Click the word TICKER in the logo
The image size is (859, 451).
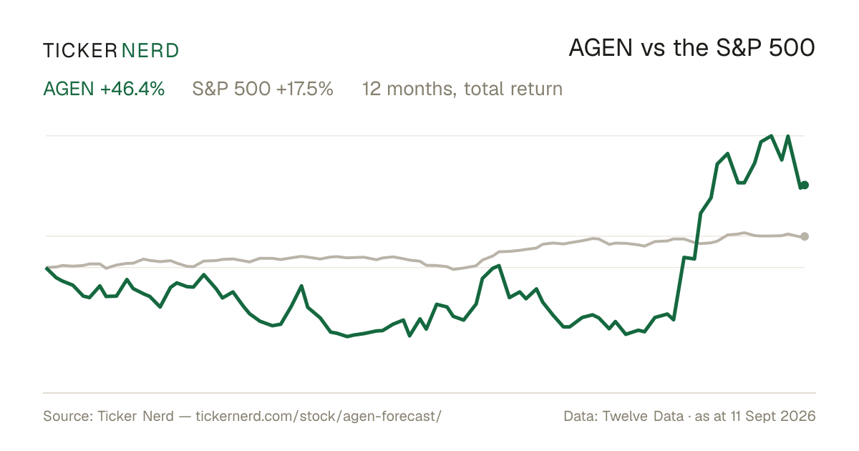pos(79,51)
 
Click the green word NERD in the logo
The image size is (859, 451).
pos(150,51)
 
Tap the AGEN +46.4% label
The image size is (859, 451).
pos(104,89)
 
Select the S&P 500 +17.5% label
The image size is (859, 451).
pos(263,89)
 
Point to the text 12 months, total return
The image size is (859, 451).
pos(462,89)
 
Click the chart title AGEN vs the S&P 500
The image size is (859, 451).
pos(691,48)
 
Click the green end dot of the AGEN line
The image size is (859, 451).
pos(805,185)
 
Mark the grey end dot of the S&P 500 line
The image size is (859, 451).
pos(805,236)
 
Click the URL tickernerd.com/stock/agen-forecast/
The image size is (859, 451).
pos(319,416)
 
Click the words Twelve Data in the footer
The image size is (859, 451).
pos(643,416)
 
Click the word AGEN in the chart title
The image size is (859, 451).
pos(601,48)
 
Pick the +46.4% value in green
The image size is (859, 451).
pos(132,89)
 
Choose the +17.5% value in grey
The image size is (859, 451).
pos(304,89)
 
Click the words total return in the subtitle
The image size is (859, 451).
pos(513,89)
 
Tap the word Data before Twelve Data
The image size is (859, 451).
pos(578,416)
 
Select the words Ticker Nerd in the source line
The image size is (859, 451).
pos(135,416)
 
